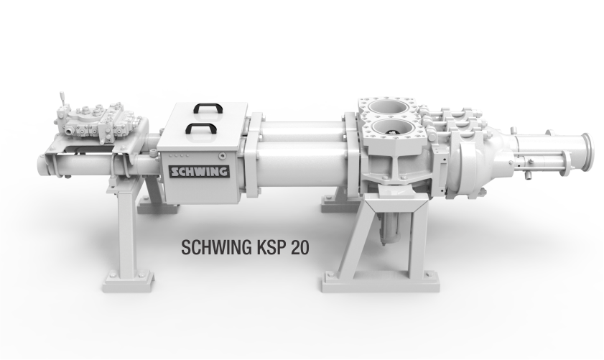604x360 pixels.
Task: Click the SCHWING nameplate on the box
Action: click(x=200, y=172)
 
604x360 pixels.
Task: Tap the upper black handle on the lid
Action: click(x=208, y=108)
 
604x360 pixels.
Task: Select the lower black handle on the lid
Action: click(x=200, y=129)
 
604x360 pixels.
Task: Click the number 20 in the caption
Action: click(x=300, y=247)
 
